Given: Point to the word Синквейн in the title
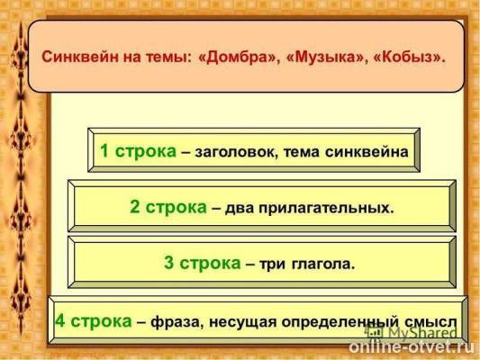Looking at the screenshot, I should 81,56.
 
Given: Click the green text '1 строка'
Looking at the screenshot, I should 138,151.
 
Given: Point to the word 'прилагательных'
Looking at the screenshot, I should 329,208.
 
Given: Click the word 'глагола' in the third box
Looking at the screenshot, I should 322,265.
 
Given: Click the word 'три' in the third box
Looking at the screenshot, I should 276,265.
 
